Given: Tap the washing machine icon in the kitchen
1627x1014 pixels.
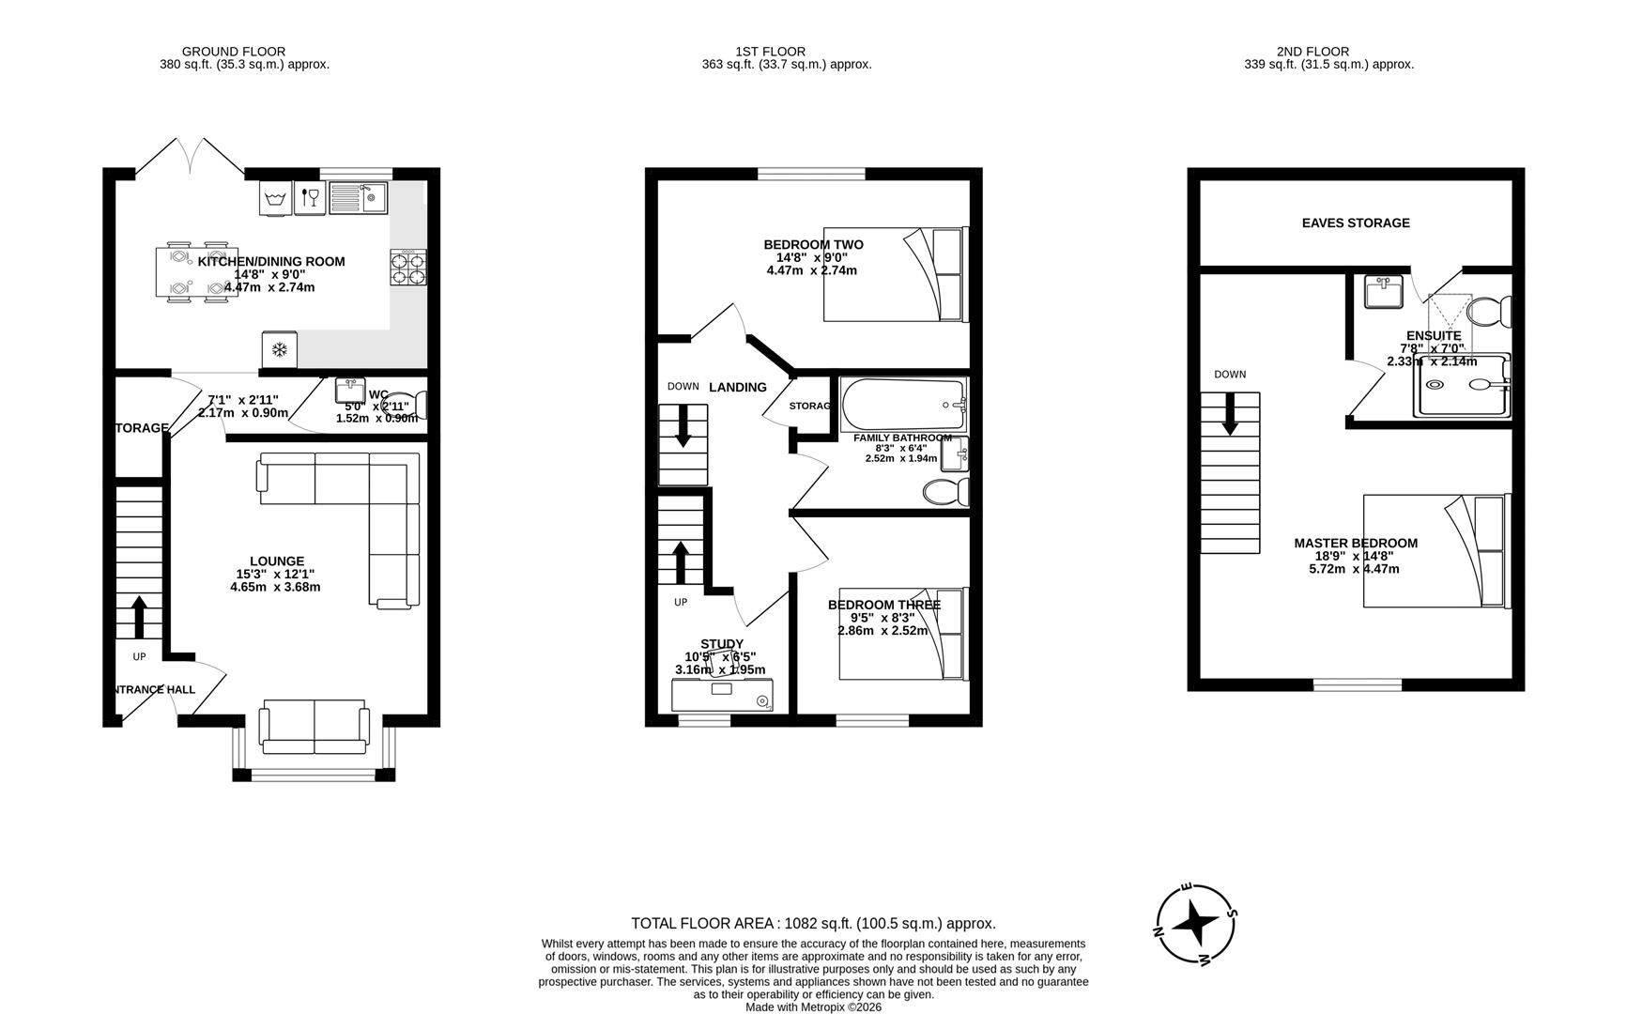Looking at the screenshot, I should click(276, 198).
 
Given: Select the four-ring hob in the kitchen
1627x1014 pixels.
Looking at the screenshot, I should click(408, 268).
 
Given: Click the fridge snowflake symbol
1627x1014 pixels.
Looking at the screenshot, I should click(279, 350).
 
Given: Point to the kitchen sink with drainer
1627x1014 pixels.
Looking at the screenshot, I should click(361, 198).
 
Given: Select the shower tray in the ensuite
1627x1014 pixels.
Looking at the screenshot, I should click(1463, 385).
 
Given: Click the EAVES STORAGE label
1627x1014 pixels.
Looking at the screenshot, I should click(1356, 223).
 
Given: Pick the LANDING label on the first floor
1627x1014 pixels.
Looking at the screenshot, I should click(738, 387).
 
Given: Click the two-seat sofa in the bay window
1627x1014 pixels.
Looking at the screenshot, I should click(314, 728).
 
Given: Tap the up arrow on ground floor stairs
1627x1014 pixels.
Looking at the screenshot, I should click(139, 617).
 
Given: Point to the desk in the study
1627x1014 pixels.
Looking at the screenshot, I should click(722, 696).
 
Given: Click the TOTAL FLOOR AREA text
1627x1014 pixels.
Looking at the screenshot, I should click(813, 923).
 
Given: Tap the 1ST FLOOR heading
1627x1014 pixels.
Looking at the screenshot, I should click(770, 52).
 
